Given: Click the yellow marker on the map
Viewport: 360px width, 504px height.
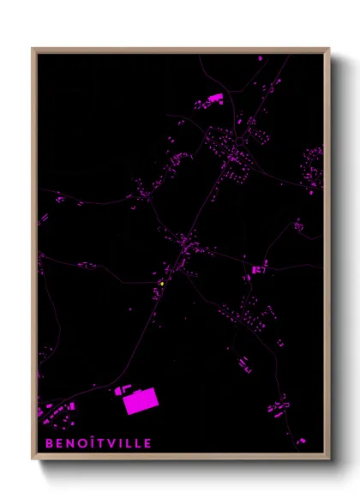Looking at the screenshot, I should pos(161,284).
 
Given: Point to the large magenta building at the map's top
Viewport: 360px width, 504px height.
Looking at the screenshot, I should pos(213,99).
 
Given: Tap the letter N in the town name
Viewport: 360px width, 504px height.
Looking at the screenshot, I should pos(70,443).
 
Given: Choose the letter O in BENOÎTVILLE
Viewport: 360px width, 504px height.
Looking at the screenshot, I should pos(82,443).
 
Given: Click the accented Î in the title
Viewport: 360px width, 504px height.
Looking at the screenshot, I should pos(93,443).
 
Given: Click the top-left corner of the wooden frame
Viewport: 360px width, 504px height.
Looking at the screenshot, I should pos(33,49).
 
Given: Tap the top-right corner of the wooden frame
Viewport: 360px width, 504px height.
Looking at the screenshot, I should pos(329,49).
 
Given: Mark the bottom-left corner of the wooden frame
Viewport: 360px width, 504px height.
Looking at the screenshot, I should pos(33,459).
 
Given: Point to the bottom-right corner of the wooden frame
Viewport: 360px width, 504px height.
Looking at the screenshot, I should pos(329,459).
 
